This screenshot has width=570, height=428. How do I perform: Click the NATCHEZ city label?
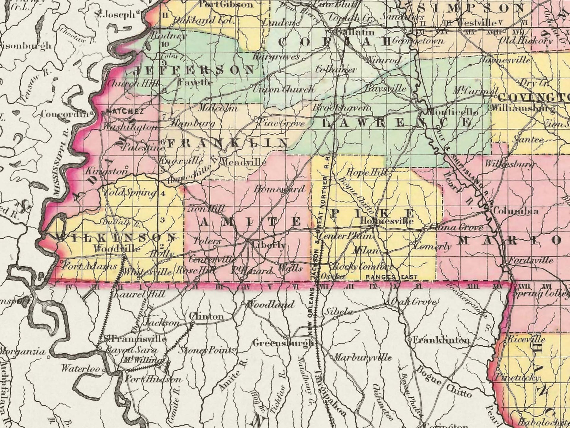tap(125, 112)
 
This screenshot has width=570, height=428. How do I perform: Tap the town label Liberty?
tap(268, 245)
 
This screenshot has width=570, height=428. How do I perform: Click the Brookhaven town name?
tap(341, 108)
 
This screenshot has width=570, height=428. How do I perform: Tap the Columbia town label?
tap(515, 211)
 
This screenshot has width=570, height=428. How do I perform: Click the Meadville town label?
tap(243, 162)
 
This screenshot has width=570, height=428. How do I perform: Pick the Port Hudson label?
tap(153, 379)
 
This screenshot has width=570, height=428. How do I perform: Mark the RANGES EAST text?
tap(391, 277)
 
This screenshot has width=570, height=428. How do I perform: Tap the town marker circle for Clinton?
tap(193, 322)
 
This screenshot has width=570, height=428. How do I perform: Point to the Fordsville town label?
tap(530, 260)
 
